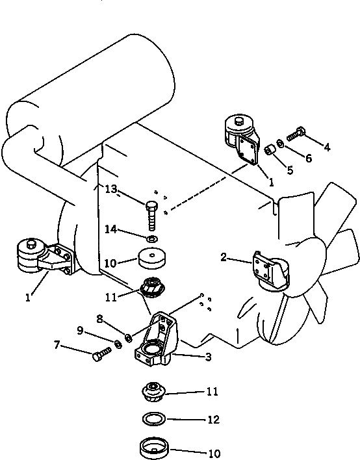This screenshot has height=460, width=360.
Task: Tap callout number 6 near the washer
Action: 309,158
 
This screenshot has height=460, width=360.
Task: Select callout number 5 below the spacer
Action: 290,170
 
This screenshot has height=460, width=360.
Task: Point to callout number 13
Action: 111,189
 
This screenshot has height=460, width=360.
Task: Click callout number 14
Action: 111,229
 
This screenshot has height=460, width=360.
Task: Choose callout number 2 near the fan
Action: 224,257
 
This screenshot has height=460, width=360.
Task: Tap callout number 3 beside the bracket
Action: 208,357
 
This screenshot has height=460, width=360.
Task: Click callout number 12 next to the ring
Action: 213,420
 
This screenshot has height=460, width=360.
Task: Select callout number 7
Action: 57,345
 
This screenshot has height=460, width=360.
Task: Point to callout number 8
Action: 100,318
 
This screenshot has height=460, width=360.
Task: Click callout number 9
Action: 80,331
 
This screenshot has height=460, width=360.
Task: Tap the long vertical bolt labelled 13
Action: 151,216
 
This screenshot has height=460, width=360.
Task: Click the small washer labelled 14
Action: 152,239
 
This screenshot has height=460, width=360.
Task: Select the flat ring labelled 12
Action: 154,418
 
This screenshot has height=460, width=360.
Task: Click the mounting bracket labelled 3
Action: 157,339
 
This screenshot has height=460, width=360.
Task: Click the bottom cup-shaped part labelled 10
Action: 154,448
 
